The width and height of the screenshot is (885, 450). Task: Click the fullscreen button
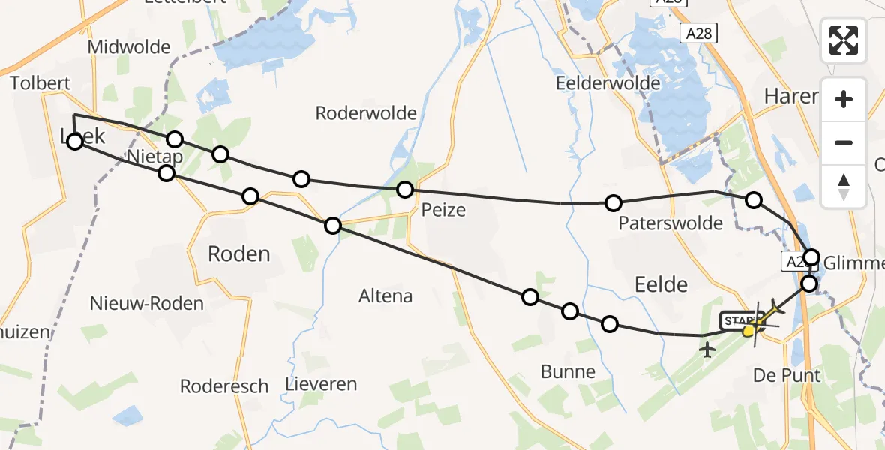pyautogui.click(x=844, y=40)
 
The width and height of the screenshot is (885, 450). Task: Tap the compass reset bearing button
pyautogui.click(x=844, y=186)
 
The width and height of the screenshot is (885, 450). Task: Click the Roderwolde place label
pyautogui.click(x=366, y=113)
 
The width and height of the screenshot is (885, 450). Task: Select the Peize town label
pyautogui.click(x=444, y=210)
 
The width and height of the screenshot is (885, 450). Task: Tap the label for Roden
pyautogui.click(x=238, y=253)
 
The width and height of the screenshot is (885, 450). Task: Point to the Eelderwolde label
pyautogui.click(x=607, y=83)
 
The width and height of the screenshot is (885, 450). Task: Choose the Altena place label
pyautogui.click(x=385, y=295)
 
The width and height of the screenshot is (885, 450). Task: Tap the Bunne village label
pyautogui.click(x=568, y=371)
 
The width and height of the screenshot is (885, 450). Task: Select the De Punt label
pyautogui.click(x=787, y=375)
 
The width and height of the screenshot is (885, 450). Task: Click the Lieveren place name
pyautogui.click(x=321, y=384)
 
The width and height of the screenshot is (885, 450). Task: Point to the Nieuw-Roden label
pyautogui.click(x=146, y=304)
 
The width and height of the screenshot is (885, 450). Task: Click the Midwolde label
pyautogui.click(x=129, y=47)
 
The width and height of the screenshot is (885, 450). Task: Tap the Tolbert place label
pyautogui.click(x=40, y=83)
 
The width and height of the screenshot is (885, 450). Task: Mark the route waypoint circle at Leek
pyautogui.click(x=75, y=141)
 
